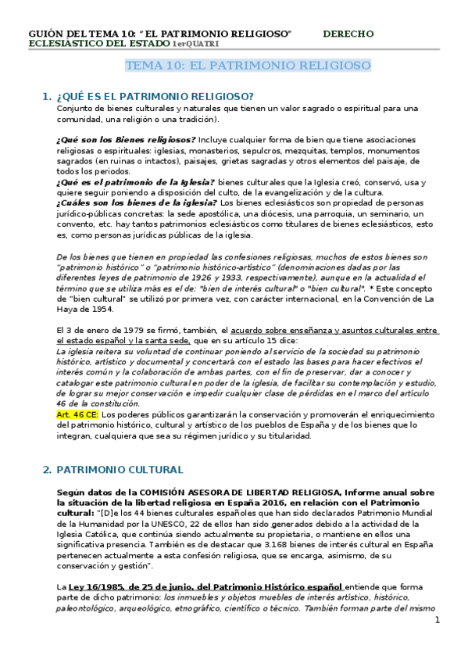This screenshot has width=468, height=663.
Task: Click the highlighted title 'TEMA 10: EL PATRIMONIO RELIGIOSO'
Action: click(x=248, y=66)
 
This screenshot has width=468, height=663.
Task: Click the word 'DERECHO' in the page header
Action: click(x=348, y=34)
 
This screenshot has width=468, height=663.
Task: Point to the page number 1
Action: click(x=438, y=620)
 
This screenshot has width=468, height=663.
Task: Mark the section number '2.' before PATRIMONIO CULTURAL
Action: click(x=47, y=470)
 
